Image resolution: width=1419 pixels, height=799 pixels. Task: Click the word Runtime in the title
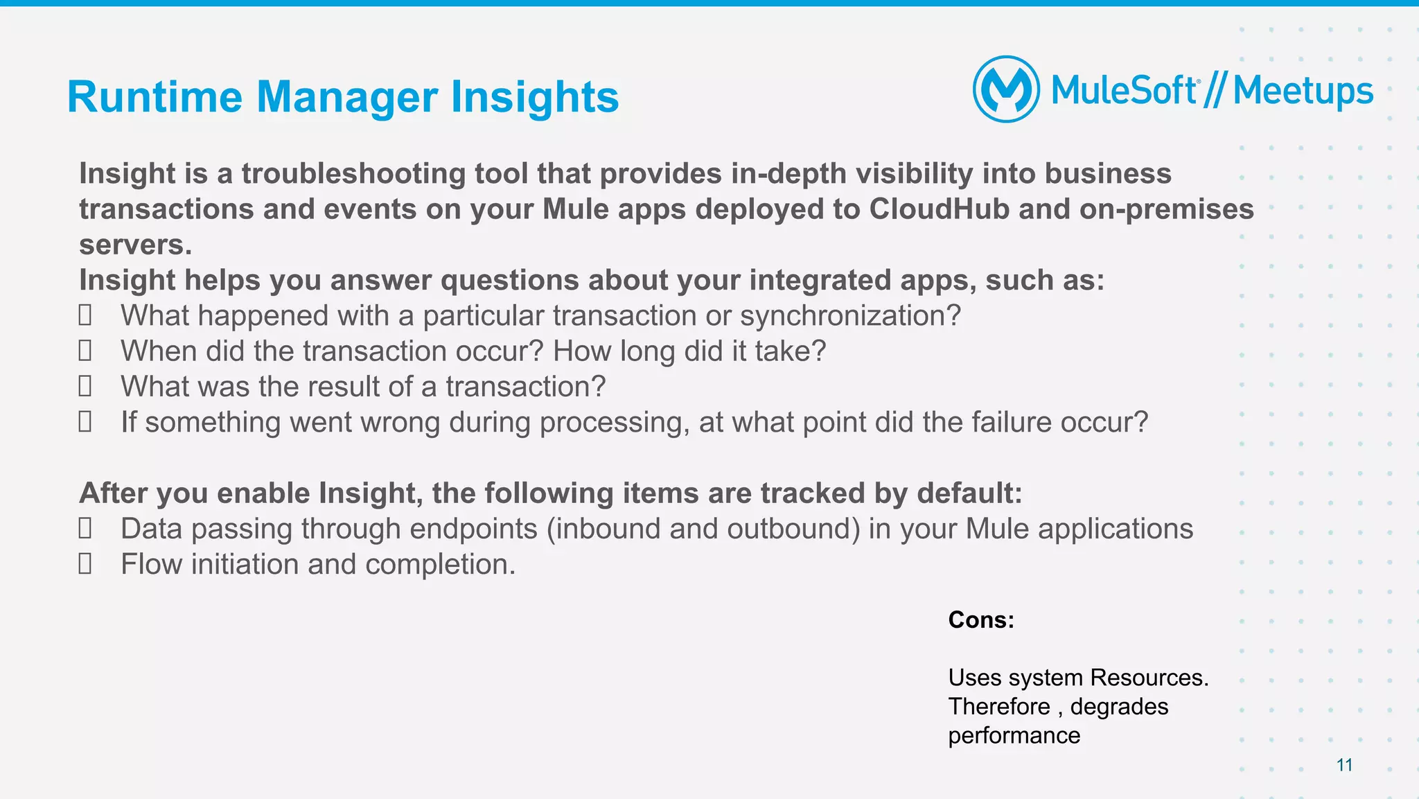tap(155, 96)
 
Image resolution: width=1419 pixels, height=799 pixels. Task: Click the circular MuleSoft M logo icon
tap(1006, 89)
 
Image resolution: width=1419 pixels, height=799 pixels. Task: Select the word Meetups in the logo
tap(1303, 91)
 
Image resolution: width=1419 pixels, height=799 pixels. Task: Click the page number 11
tap(1344, 765)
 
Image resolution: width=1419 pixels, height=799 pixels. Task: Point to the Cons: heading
tap(980, 620)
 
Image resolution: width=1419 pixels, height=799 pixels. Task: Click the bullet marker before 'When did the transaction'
tap(85, 351)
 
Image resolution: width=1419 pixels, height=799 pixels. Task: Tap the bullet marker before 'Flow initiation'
tap(85, 563)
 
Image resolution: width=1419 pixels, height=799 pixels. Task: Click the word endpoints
tap(473, 529)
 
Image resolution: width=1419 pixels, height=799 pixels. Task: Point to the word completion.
tap(440, 564)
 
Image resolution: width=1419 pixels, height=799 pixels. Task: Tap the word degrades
tap(1119, 706)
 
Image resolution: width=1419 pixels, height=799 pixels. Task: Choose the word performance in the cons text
tap(1014, 735)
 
